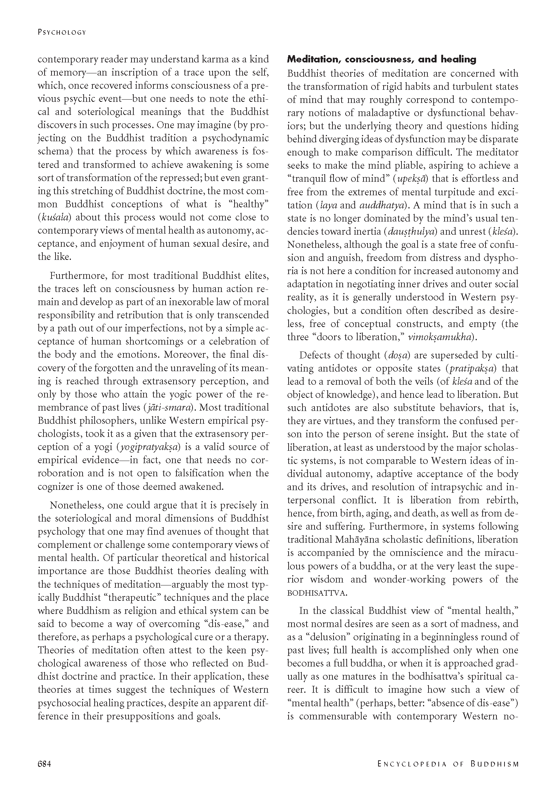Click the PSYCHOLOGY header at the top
click(62, 32)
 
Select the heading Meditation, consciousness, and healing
click(382, 59)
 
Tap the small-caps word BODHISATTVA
click(316, 593)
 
